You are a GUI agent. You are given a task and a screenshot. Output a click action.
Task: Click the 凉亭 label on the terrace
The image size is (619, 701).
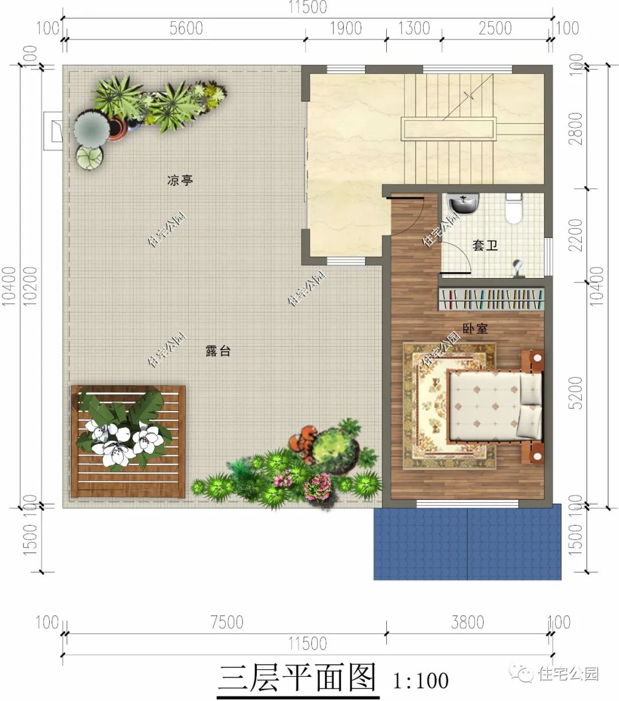[180, 181]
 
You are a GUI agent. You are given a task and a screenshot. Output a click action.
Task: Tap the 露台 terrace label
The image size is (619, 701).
[218, 351]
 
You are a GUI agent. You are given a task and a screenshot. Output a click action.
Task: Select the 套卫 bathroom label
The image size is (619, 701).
[485, 246]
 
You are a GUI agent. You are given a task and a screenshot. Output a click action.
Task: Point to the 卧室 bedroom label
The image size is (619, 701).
[475, 329]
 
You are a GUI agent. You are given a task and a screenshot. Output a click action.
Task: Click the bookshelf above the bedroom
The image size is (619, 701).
[491, 299]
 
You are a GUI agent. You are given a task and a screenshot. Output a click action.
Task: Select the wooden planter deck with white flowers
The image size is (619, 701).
[128, 441]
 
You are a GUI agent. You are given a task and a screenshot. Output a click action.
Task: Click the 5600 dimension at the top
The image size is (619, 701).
[186, 28]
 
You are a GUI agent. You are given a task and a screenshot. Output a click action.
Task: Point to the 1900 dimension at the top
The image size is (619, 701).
[346, 28]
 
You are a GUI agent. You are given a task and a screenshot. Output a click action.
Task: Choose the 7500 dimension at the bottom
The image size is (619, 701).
[227, 622]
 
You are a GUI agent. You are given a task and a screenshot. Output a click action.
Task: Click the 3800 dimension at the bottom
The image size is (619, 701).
[468, 622]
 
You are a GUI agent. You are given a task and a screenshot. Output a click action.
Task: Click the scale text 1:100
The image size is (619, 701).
[421, 681]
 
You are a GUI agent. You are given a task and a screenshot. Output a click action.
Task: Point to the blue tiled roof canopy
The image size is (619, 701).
[467, 542]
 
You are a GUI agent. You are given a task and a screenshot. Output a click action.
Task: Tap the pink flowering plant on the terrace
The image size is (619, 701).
[318, 486]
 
